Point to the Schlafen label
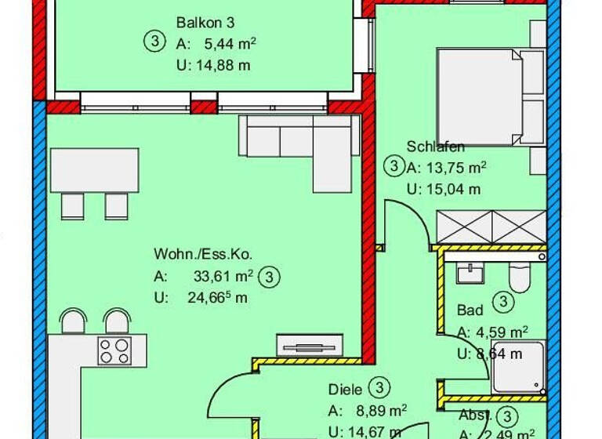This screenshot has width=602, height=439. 436,147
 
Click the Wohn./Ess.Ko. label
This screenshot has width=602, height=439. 202,254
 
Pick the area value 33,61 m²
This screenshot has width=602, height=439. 222,276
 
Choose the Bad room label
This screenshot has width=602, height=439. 470,310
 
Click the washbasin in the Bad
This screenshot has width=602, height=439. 470,272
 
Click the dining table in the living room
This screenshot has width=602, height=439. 95,169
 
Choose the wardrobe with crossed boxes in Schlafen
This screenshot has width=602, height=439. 489,228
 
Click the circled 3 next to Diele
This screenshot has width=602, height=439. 379,387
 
